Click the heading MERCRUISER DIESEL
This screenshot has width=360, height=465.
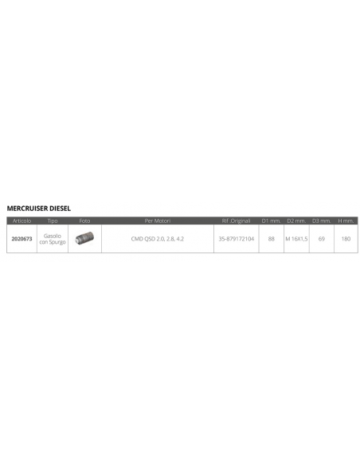[x=39, y=208]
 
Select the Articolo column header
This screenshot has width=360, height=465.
[x=22, y=221]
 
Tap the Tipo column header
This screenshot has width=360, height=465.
[x=53, y=221]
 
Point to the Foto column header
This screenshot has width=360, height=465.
[x=84, y=221]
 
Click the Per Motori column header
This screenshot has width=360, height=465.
[x=158, y=221]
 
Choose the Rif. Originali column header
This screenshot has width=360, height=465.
[x=236, y=221]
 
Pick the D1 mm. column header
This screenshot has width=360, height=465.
[x=271, y=221]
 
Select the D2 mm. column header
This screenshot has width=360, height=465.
[x=296, y=221]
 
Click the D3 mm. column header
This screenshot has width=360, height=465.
[x=322, y=221]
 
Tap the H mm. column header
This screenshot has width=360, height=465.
[x=346, y=221]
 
